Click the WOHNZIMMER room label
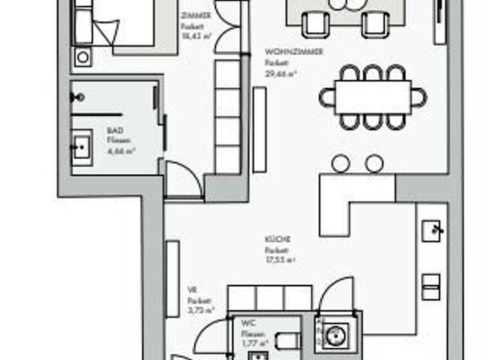point(293,52)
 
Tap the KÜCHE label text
point(278,239)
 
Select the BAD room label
point(114,130)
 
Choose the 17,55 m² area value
point(280,260)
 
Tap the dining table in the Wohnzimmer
point(372,97)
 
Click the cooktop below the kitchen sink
point(432,286)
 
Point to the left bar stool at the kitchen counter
point(340,164)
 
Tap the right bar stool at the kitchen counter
point(374,164)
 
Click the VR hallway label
point(192,290)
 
